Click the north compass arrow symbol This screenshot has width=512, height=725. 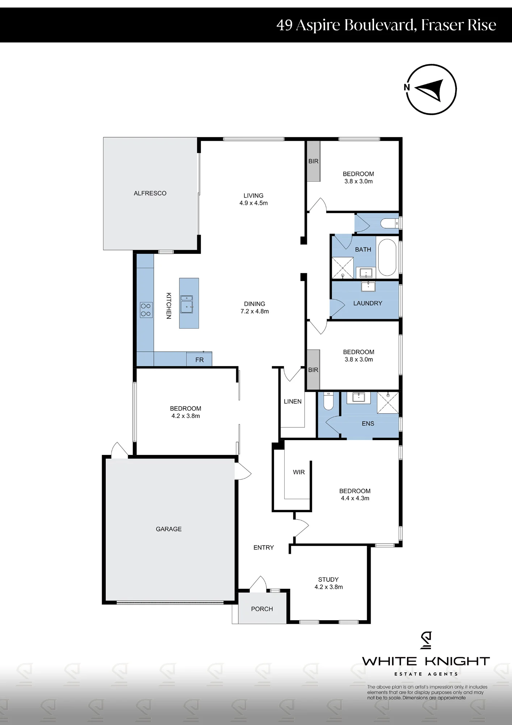click(429, 90)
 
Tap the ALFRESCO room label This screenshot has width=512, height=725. click(150, 193)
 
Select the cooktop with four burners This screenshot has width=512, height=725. click(146, 310)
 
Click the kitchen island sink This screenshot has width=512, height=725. click(186, 304)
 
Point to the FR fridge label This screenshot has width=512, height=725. click(200, 360)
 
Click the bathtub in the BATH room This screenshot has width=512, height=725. click(387, 257)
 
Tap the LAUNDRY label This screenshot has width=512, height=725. click(368, 303)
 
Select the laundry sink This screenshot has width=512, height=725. click(368, 286)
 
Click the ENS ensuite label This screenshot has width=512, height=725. click(368, 423)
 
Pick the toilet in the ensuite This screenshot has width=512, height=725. click(328, 401)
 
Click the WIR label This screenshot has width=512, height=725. click(299, 472)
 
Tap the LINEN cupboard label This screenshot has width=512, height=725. click(293, 401)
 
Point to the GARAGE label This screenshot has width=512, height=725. click(169, 529)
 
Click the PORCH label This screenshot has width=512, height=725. click(262, 609)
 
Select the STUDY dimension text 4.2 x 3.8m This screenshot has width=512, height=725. click(328, 587)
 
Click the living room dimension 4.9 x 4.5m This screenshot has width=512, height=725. click(253, 203)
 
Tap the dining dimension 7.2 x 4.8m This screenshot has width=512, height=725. click(255, 311)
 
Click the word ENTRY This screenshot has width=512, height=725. click(264, 547)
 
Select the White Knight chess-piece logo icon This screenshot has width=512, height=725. click(426, 640)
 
